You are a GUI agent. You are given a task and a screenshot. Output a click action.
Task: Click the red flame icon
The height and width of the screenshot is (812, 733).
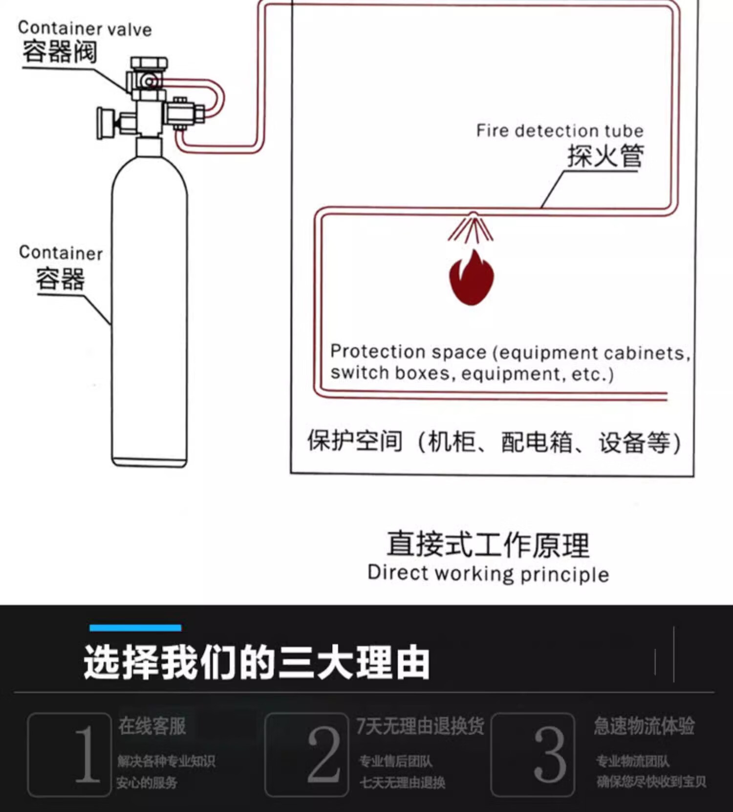471,278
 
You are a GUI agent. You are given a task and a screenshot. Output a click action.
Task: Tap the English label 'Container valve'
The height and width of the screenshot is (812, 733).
85,29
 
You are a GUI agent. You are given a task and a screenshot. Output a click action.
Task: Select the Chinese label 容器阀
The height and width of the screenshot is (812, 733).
60,52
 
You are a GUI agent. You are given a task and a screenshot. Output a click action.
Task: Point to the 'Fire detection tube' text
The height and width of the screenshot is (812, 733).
560,131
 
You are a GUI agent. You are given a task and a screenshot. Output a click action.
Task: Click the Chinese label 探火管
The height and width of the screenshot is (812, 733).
605,156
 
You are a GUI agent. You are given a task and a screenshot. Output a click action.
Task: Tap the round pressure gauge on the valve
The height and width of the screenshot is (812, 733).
105,123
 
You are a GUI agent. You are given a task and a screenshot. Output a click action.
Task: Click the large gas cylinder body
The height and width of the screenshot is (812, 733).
149,313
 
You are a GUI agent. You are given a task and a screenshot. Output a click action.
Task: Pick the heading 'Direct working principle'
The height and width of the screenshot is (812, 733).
488,574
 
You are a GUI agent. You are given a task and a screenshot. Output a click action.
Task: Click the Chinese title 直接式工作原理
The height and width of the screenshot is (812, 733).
488,544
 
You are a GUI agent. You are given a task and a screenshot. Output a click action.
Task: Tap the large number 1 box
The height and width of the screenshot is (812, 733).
70,754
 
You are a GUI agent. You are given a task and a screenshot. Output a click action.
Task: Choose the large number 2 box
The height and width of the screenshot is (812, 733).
306,754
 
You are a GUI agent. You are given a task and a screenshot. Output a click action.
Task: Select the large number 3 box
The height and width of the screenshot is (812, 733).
533,754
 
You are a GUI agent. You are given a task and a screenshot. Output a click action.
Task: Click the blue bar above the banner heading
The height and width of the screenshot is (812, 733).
135,628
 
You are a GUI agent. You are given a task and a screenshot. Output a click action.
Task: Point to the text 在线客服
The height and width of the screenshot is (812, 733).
152,726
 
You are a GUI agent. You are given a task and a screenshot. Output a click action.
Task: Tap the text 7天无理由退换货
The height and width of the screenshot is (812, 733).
420,726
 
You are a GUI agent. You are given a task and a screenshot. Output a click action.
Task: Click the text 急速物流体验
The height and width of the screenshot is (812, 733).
644,726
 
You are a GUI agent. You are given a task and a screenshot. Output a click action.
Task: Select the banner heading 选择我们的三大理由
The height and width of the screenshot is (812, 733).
257,662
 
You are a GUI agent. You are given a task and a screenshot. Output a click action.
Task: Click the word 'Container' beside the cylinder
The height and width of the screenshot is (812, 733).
61,253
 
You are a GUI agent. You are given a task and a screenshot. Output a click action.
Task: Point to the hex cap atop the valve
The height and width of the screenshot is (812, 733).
149,63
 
